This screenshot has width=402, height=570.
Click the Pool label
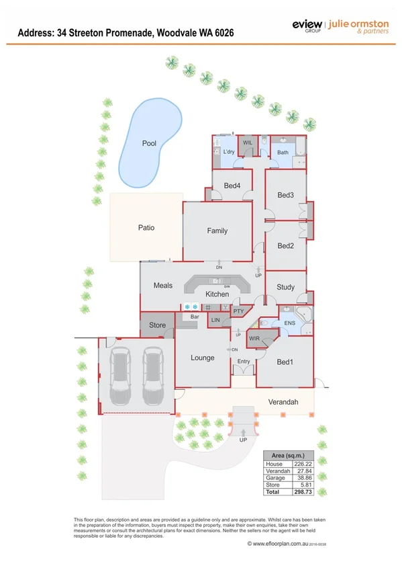pos(149,144)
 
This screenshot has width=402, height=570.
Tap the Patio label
pos(146,228)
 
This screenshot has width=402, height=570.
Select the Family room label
pos(217,231)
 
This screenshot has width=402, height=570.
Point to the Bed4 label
pos(232,186)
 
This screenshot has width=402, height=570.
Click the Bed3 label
pos(286,196)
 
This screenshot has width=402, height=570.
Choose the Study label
pos(285,288)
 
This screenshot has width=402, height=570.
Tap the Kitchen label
pos(217,294)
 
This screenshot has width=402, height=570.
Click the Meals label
pos(163,286)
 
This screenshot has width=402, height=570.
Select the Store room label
pos(157,325)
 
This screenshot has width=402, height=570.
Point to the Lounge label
pos(202,358)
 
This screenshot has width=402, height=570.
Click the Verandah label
pos(283,403)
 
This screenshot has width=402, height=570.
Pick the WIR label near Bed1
pos(254,340)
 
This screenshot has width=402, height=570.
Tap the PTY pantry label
pos(238,312)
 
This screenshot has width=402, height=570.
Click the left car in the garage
pos(121,374)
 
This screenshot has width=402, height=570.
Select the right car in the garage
pos(152,374)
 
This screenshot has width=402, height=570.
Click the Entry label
pos(243,362)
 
